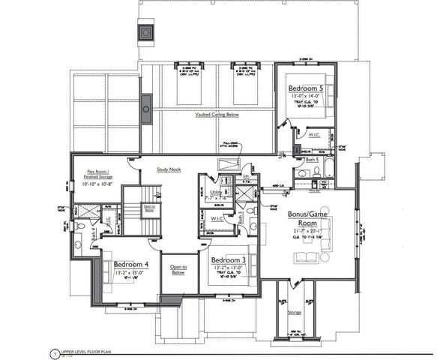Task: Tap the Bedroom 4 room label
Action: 131,264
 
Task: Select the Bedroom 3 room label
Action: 229,259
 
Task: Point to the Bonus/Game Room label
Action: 307,217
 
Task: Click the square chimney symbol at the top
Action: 144,32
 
